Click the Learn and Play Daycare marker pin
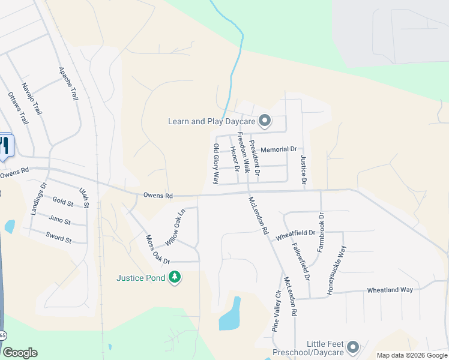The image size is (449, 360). (265, 122)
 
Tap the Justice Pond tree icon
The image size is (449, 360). (175, 278)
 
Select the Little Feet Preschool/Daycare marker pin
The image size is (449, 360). (353, 347)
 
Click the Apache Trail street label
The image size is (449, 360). (68, 83)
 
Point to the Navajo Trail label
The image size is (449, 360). (32, 98)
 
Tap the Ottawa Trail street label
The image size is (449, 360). (18, 109)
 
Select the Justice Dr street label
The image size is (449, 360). (303, 169)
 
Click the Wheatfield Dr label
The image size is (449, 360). (295, 235)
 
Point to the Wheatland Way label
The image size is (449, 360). (390, 290)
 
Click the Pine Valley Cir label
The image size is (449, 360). (277, 311)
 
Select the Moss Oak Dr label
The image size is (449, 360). (158, 250)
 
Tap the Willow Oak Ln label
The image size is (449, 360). (175, 227)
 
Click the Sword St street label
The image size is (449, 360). (58, 237)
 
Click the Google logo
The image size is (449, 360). (20, 353)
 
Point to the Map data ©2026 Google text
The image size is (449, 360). (411, 355)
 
